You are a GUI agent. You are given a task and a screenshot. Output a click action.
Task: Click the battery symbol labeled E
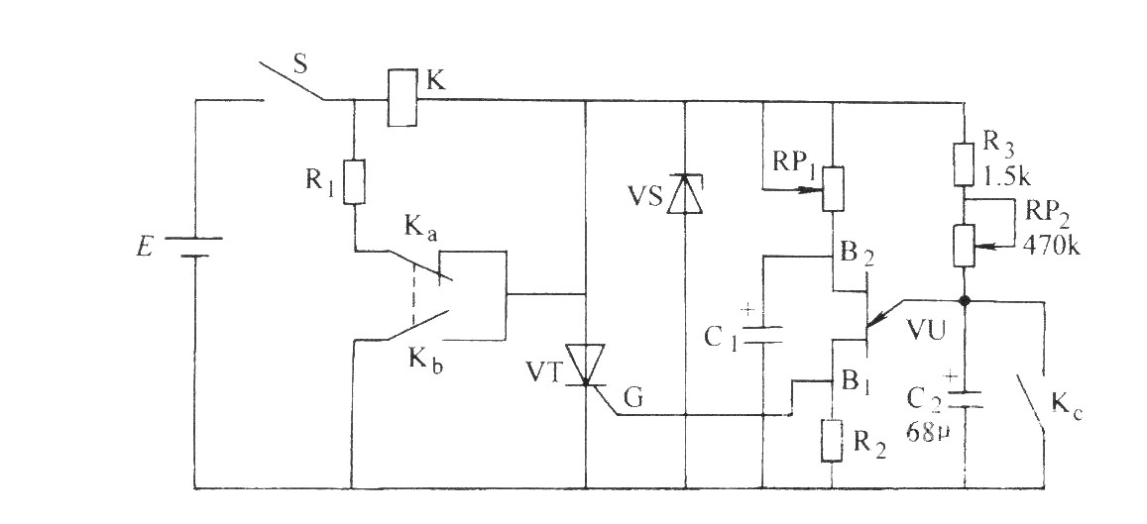(194, 247)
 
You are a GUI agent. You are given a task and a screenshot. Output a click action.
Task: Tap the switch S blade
(291, 80)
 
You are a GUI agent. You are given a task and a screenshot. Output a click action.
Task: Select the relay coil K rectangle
(402, 98)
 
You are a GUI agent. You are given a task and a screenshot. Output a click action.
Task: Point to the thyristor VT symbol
(586, 364)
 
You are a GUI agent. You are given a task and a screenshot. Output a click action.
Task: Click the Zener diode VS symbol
(685, 194)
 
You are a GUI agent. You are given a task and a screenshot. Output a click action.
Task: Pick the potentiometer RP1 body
(833, 188)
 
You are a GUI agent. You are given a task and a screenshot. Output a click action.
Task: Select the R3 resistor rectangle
(965, 164)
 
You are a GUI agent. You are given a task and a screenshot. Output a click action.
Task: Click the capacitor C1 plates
(763, 335)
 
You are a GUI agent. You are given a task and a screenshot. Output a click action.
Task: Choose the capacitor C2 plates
(965, 399)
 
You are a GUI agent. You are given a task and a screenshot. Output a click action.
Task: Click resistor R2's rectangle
(833, 440)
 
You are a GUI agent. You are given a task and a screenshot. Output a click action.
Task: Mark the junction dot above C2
(965, 300)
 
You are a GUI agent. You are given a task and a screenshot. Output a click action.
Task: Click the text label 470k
(1051, 247)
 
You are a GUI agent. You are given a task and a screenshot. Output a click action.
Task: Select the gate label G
(634, 399)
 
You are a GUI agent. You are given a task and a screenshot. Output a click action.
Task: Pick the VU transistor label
(926, 331)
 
